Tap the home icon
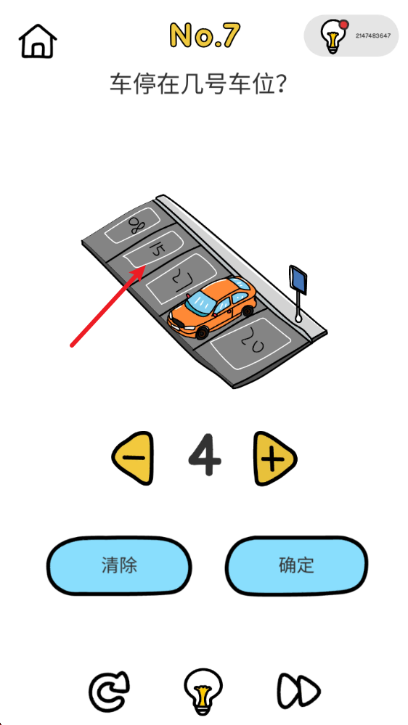(x=38, y=41)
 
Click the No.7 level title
(x=204, y=35)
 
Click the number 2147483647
(x=373, y=36)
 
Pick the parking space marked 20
(x=251, y=343)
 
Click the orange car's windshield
(x=200, y=304)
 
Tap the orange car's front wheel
(x=202, y=332)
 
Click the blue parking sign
(x=298, y=280)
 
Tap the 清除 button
(x=119, y=565)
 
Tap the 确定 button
(x=296, y=565)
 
